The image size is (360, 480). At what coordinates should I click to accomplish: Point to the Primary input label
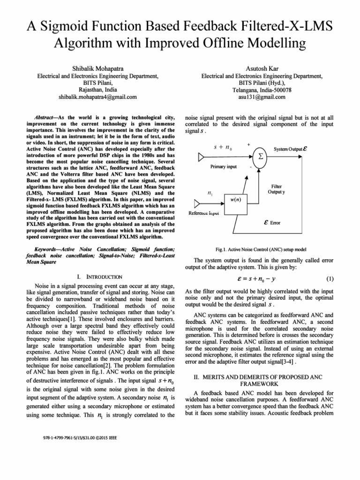point(224,166)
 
